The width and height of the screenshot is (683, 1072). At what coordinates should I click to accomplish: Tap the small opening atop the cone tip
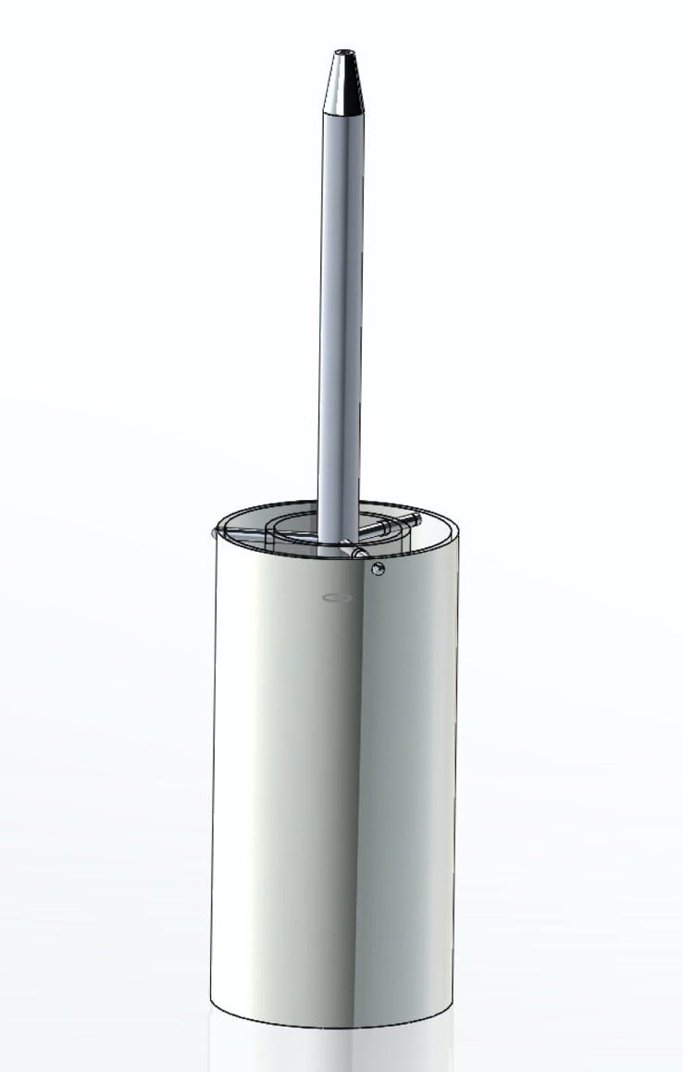pos(344,53)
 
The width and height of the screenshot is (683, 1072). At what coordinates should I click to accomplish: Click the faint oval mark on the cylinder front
pos(337,598)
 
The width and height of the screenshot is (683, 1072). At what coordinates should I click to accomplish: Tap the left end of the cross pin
pos(216,532)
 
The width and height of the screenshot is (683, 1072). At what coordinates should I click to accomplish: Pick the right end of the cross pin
pos(416,519)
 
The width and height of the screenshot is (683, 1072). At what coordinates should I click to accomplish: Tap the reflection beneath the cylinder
pos(333,1051)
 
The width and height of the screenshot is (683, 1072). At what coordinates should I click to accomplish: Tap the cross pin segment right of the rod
pos(384,526)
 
